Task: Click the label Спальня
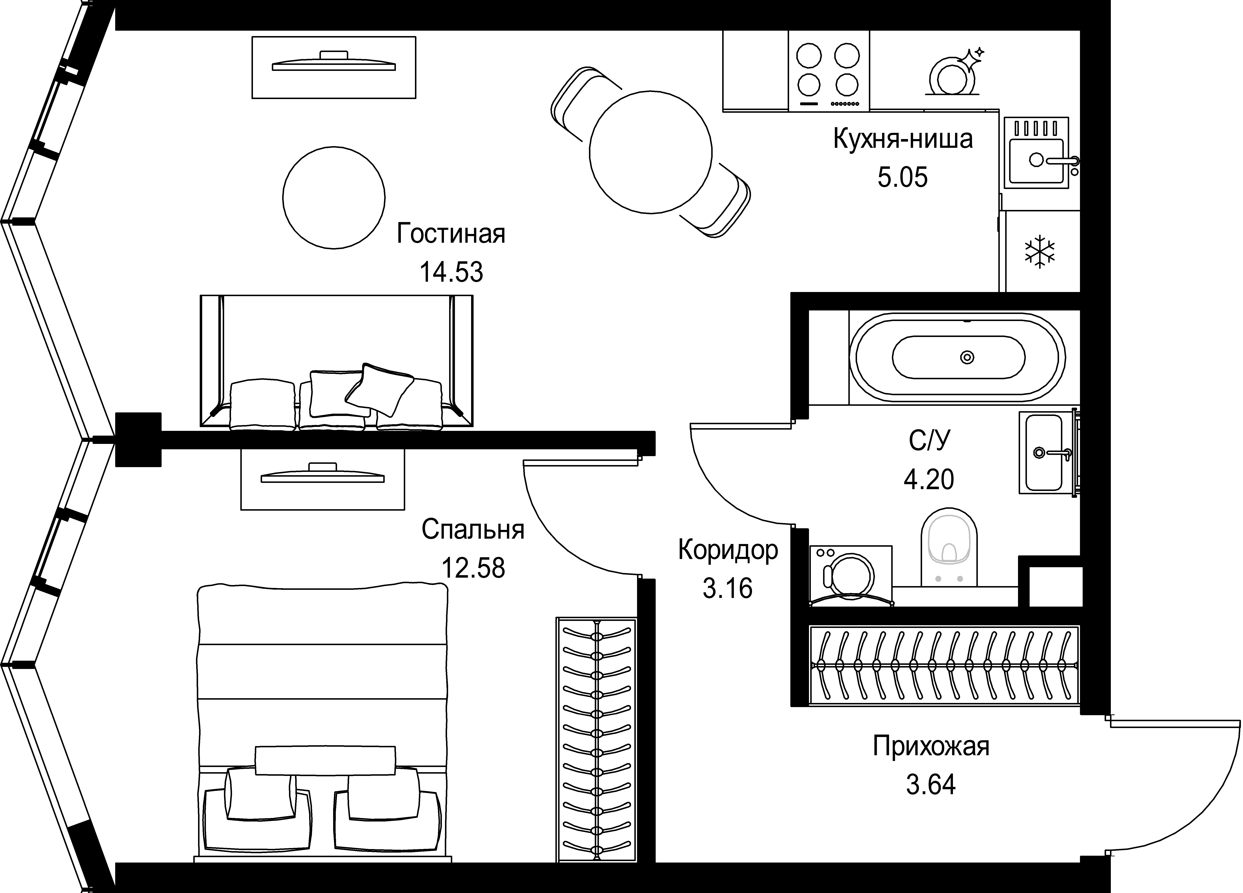tap(473, 530)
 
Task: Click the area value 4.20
tap(928, 480)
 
